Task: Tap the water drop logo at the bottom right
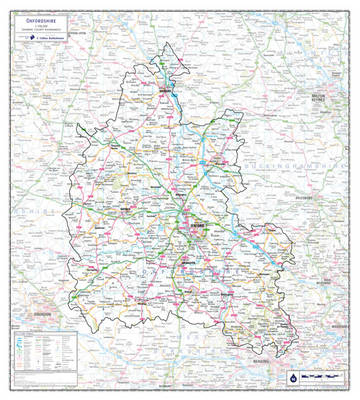point(290,379)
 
